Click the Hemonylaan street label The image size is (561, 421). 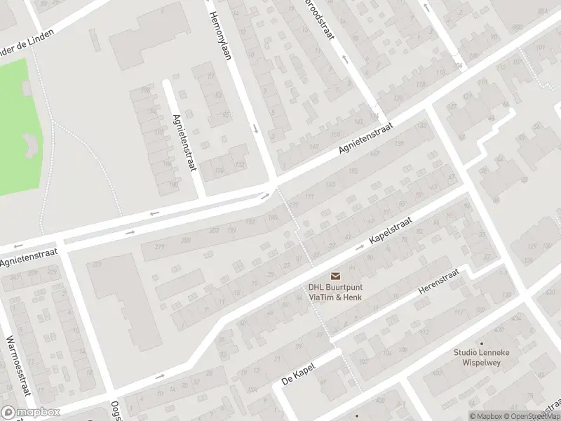220,35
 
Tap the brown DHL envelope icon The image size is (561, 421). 334,276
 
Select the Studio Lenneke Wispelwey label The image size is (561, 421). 480,358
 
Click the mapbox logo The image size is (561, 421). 31,413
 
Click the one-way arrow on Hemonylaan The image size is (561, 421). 255,129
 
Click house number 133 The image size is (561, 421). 420,125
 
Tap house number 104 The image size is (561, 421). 458,66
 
